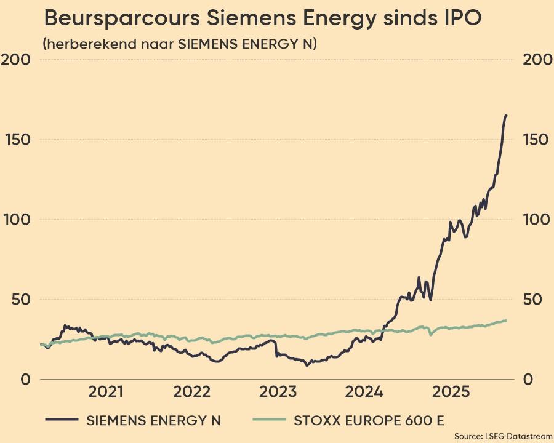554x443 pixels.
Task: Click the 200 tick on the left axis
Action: pyautogui.click(x=17, y=60)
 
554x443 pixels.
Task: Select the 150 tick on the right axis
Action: pyautogui.click(x=536, y=140)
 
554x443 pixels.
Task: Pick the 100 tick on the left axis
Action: pyautogui.click(x=17, y=220)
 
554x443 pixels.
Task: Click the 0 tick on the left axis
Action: pyautogui.click(x=25, y=380)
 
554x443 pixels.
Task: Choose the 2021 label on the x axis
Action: pyautogui.click(x=106, y=392)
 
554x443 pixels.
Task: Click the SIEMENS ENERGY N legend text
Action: pyautogui.click(x=153, y=421)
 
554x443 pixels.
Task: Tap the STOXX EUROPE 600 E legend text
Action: pyautogui.click(x=369, y=421)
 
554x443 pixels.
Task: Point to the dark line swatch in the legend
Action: pyautogui.click(x=62, y=420)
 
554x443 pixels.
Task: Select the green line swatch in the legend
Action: pyautogui.click(x=270, y=420)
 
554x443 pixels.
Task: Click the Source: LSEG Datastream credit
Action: pyautogui.click(x=503, y=436)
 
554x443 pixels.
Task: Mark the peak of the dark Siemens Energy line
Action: pyautogui.click(x=506, y=116)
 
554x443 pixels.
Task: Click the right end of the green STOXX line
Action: pyautogui.click(x=506, y=320)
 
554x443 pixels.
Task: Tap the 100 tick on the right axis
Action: pyautogui.click(x=536, y=220)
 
